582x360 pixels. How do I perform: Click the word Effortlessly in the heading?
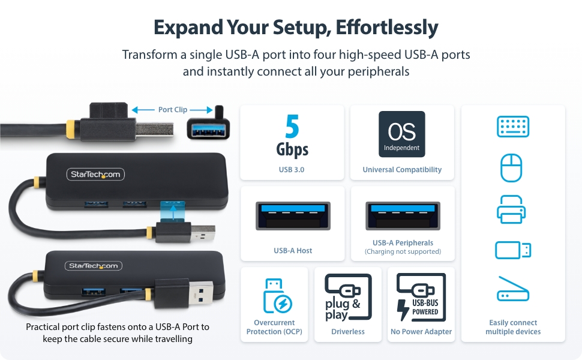(386, 28)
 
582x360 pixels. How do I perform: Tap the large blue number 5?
(292, 128)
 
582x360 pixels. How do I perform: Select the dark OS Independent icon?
(402, 134)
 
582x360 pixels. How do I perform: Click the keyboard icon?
(513, 127)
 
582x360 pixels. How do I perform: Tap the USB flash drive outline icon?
(513, 250)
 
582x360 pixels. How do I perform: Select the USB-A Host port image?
(292, 215)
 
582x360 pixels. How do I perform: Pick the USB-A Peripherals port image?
(403, 215)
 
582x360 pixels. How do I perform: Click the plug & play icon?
(347, 298)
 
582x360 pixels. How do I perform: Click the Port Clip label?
(173, 110)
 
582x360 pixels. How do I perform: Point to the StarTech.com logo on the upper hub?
(95, 175)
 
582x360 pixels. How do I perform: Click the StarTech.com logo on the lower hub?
(93, 266)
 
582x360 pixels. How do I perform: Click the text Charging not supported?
(403, 251)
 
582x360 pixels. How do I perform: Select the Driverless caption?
(348, 331)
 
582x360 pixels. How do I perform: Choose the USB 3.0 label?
(292, 170)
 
